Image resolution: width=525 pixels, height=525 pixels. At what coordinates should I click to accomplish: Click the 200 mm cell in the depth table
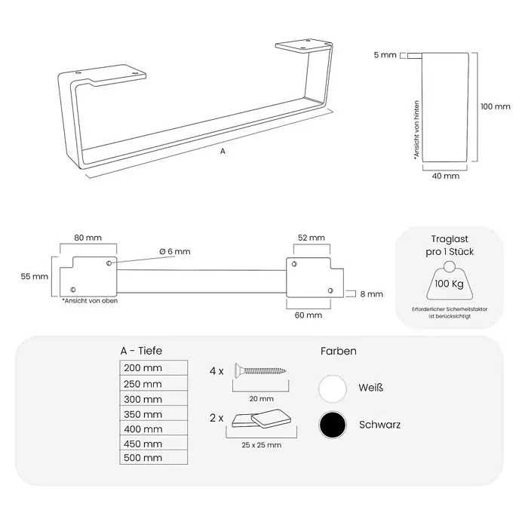click(153, 368)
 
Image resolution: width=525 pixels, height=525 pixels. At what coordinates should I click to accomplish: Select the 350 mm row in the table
click(153, 414)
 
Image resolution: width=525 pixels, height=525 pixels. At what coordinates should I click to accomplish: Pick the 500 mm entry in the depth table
click(153, 457)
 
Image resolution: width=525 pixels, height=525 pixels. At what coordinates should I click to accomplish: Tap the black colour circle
click(333, 425)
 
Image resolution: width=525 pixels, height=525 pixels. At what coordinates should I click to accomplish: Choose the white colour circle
click(333, 388)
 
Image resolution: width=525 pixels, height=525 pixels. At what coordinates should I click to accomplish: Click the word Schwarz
click(379, 425)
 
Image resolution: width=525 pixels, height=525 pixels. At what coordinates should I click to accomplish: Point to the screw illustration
click(260, 370)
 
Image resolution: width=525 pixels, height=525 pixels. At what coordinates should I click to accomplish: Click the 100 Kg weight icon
click(450, 281)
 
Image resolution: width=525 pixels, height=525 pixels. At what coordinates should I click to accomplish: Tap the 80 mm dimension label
click(87, 238)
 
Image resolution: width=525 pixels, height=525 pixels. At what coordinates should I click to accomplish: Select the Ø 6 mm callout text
click(175, 251)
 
